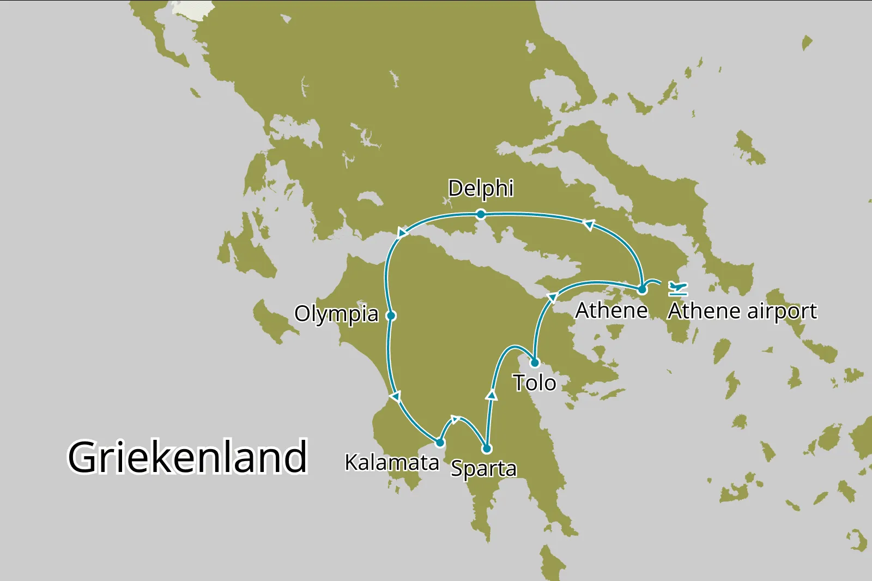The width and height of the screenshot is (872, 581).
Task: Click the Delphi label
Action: [481, 189]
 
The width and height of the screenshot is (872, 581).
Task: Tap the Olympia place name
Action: [336, 314]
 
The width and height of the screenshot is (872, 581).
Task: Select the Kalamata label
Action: [392, 462]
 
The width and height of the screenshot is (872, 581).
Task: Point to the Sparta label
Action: [483, 468]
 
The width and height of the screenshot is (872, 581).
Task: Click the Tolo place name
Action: [534, 383]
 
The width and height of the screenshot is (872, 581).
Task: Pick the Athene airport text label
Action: [742, 311]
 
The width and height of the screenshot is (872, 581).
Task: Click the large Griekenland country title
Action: [187, 457]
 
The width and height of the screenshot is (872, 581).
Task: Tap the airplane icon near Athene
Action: [677, 287]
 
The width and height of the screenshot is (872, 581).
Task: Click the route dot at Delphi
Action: [481, 214]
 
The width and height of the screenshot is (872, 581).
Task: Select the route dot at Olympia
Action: [391, 316]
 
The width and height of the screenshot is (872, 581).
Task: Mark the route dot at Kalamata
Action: [440, 442]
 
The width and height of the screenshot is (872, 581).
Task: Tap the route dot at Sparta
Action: [487, 449]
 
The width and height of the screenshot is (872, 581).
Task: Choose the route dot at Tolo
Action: [535, 362]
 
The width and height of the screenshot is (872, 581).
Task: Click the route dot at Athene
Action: [642, 289]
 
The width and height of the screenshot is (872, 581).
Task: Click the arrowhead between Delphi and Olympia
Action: [402, 233]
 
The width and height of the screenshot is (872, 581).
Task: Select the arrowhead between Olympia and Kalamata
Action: [396, 396]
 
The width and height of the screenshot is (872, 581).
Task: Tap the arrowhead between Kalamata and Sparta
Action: [455, 419]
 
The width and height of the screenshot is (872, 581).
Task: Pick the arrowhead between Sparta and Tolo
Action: [492, 395]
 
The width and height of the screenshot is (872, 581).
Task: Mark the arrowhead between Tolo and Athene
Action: [552, 297]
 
